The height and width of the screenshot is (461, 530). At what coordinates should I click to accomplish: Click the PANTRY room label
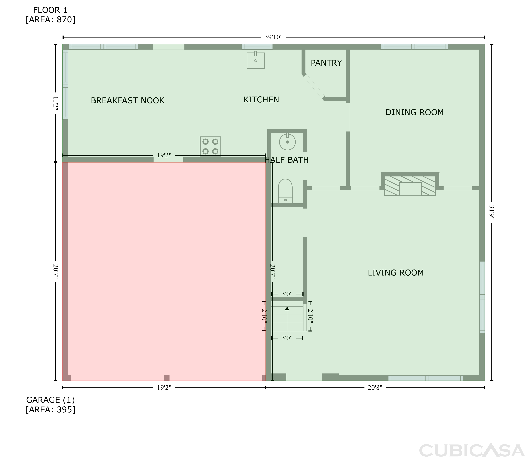pyautogui.click(x=326, y=63)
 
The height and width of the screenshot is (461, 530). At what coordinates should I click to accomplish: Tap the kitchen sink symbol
pyautogui.click(x=255, y=60)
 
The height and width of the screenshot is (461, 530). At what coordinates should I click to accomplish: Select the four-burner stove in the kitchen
pyautogui.click(x=210, y=146)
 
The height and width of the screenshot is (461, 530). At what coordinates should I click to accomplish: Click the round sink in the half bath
pyautogui.click(x=287, y=141)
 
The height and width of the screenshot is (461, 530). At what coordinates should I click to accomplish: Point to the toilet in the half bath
pyautogui.click(x=285, y=191)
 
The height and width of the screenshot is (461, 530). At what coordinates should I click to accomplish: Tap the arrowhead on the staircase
pyautogui.click(x=287, y=308)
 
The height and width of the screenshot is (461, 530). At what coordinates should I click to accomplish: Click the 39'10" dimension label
pyautogui.click(x=273, y=37)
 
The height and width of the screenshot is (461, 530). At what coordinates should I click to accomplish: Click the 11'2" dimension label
pyautogui.click(x=55, y=103)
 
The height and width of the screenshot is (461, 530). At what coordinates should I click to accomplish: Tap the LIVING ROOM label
pyautogui.click(x=396, y=273)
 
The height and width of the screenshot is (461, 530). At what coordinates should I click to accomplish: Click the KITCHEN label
pyautogui.click(x=261, y=100)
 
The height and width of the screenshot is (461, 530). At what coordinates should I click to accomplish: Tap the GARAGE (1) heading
pyautogui.click(x=50, y=400)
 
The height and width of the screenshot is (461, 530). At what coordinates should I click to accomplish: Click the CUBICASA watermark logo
pyautogui.click(x=472, y=450)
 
